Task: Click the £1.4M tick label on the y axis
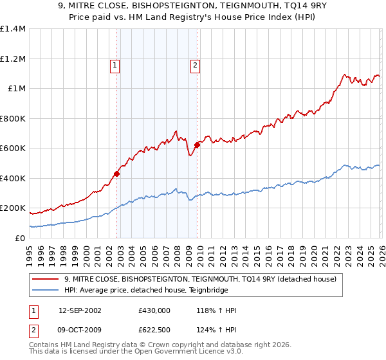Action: pos(13,29)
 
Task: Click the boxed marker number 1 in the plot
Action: pos(115,64)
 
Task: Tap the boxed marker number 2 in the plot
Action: pos(194,64)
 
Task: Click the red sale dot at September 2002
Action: pos(117,174)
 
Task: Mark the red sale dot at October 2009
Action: pos(197,145)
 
